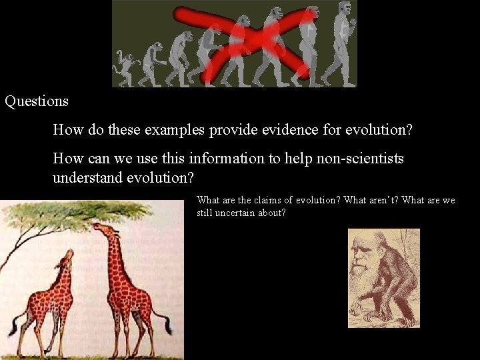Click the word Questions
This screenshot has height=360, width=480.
[x=37, y=102]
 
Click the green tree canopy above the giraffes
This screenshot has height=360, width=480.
[x=80, y=212]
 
